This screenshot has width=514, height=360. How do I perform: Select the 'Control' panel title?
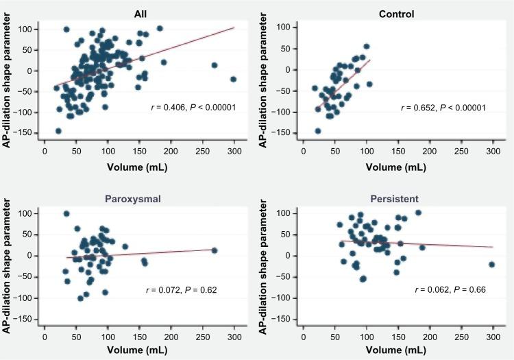[400, 13]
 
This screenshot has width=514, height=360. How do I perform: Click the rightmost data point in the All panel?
[234, 79]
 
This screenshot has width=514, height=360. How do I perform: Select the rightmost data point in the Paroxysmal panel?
[214, 250]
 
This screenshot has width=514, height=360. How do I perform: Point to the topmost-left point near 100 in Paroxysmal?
[66, 214]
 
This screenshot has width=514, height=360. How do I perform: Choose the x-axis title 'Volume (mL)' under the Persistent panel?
[400, 350]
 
